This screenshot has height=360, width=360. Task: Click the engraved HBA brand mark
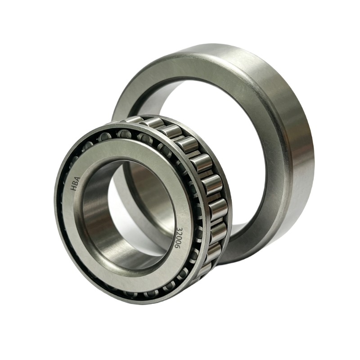tap(75, 184)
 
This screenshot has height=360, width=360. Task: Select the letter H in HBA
tap(74, 188)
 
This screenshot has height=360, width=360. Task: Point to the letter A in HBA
tap(77, 179)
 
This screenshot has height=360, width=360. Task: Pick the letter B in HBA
tap(75, 184)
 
